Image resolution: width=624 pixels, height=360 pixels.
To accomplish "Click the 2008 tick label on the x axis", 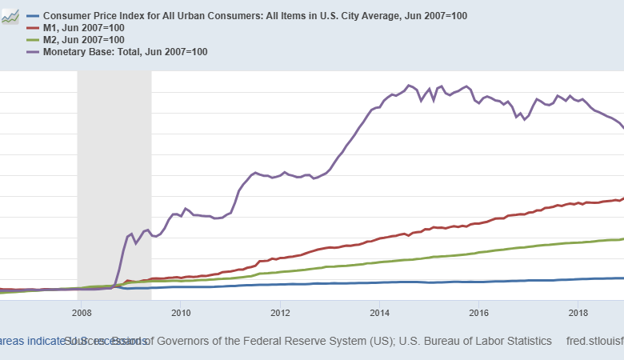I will [80, 312].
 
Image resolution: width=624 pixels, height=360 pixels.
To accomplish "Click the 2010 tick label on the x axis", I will [180, 312].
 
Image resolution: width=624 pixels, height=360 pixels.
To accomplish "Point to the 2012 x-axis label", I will [280, 312].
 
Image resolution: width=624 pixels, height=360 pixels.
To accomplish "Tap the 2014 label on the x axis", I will [379, 312].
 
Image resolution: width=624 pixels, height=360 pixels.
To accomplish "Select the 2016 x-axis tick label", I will [479, 312].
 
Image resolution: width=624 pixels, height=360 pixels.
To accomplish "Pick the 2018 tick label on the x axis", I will [578, 312].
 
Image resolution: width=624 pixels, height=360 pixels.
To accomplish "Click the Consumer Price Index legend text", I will [257, 16].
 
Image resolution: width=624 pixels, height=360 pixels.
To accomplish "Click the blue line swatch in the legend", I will [34, 16].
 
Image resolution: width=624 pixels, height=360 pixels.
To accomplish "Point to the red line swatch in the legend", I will [34, 28].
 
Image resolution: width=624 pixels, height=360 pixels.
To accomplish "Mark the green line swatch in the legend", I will [34, 40].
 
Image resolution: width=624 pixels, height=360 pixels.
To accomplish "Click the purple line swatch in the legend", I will [34, 52].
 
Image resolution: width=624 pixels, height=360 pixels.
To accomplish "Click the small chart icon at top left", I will [10, 17].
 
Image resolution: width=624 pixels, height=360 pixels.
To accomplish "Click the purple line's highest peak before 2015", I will [409, 85].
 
